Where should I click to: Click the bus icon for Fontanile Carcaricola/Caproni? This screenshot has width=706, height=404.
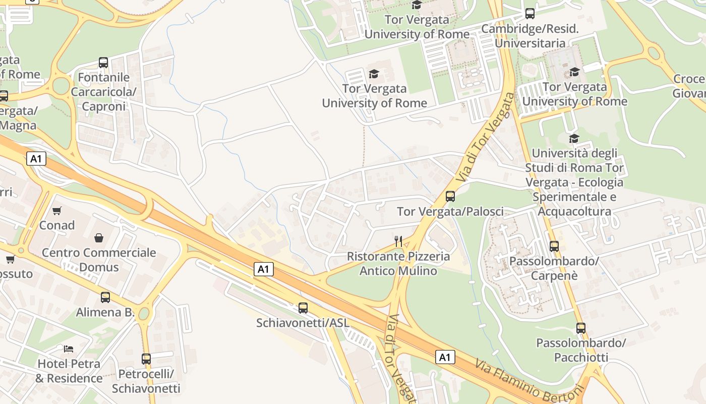pos(103,63)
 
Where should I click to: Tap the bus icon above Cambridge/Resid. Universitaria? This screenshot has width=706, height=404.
pos(529,14)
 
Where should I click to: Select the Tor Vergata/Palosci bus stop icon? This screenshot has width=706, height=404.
pos(450,196)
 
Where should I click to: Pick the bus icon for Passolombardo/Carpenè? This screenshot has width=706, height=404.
pos(554,246)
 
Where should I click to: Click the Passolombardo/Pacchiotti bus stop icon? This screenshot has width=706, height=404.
pos(581,328)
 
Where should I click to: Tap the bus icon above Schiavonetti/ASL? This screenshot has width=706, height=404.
pos(303,308)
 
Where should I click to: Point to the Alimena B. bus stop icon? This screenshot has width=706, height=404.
pos(105,297)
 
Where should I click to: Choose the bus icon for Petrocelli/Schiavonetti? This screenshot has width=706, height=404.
pos(146,359)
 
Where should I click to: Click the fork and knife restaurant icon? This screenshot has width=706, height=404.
pos(398,241)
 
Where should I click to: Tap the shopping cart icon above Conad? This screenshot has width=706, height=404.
pos(57,211)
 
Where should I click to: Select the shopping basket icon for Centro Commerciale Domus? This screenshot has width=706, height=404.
pos(99,237)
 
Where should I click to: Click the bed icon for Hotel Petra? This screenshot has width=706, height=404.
pos(69,348)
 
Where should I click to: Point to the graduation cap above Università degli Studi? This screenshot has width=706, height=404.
pos(574,138)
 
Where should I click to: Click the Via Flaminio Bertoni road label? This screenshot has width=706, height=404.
pos(529,381)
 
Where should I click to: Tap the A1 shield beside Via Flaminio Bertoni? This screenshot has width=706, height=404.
pos(444,358)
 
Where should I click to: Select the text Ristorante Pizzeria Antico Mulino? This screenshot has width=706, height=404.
pos(398,264)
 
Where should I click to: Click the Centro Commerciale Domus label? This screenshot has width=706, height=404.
pos(99,260)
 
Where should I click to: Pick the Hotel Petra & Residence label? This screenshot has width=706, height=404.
pos(69,371)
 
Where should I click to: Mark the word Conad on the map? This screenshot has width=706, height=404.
pos(57,225)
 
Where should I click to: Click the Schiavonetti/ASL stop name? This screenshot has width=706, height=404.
pos(303,323)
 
